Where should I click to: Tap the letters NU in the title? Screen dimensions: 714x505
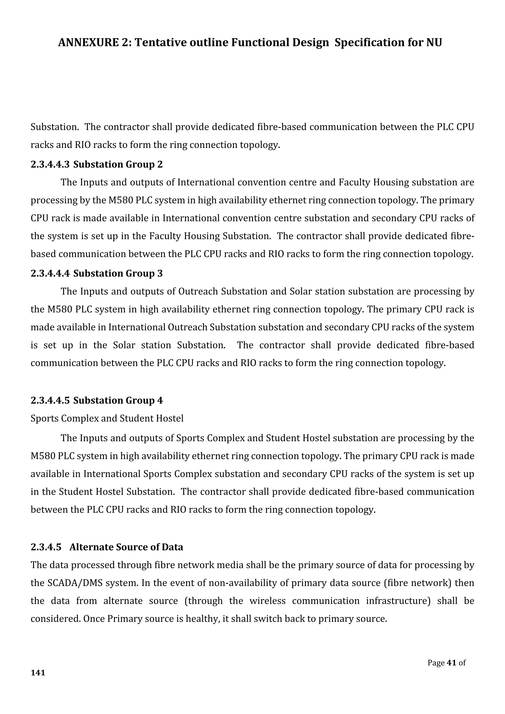click(434, 43)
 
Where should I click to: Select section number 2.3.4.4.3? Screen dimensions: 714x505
click(50, 164)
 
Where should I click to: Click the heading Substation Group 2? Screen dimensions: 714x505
click(118, 164)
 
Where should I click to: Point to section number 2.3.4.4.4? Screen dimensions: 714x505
click(50, 273)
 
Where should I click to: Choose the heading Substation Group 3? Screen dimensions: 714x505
click(118, 273)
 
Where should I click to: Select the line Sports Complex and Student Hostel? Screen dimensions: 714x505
click(107, 419)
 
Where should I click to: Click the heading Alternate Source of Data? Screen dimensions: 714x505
click(126, 547)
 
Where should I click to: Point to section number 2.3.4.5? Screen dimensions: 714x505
click(46, 547)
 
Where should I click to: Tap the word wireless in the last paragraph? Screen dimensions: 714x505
click(268, 601)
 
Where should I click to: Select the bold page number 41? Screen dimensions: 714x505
click(451, 663)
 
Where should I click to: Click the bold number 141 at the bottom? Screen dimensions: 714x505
click(38, 673)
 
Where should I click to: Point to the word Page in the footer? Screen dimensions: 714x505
click(436, 663)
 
